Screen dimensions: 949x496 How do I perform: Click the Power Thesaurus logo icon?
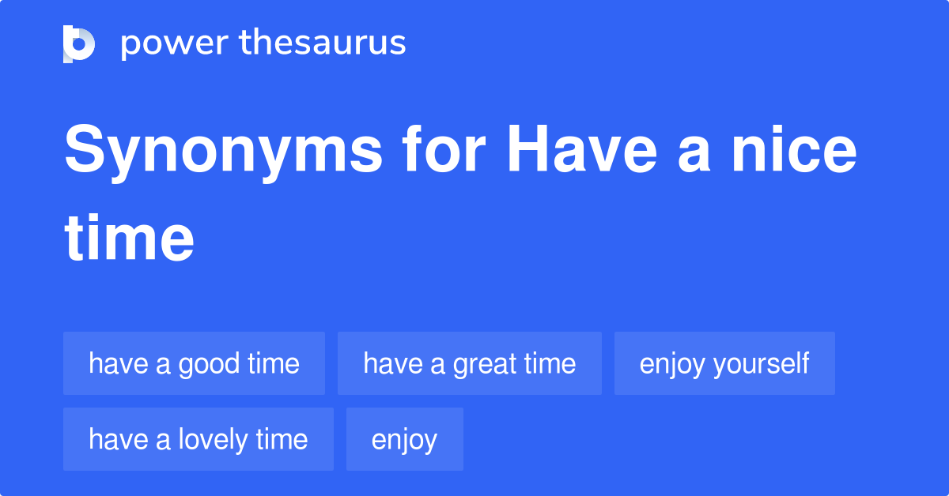coord(79,44)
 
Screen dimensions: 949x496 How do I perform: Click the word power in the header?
coord(175,44)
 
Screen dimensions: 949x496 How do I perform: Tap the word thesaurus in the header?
coord(323,42)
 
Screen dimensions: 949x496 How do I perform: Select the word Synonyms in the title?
coord(223,152)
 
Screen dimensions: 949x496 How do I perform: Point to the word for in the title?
coord(444,148)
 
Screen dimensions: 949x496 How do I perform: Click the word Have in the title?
coord(582,148)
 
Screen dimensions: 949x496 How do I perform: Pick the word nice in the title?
coord(794,148)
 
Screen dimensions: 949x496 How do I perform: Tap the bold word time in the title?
coord(129,238)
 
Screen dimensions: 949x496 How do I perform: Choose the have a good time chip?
coord(194,363)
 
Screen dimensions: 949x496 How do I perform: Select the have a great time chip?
coord(470,363)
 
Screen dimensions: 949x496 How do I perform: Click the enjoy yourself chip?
coord(724,363)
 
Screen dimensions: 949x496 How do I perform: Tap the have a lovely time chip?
coord(198,439)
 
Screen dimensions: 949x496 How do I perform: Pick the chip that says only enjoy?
coord(405,439)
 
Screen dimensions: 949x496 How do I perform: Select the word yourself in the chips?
coord(762,364)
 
